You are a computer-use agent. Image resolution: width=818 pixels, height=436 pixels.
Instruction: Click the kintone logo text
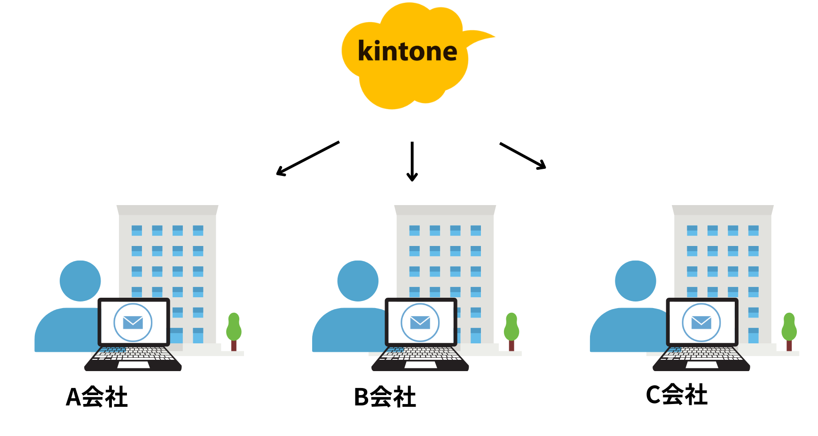(407, 51)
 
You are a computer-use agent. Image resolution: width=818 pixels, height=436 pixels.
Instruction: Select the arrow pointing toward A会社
(308, 159)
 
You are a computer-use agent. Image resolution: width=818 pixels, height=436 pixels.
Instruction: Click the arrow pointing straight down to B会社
(412, 161)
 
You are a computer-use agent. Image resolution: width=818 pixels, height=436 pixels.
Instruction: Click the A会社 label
(97, 397)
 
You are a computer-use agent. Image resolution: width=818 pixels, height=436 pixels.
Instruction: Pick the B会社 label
(385, 397)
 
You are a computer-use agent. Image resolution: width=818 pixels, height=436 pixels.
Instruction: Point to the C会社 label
(676, 395)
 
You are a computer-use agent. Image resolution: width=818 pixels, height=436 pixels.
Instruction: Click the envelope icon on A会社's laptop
(133, 322)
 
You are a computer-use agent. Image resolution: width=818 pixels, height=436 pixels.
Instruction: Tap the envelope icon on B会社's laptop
(420, 322)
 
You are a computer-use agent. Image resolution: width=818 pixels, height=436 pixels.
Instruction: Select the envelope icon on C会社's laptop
(701, 322)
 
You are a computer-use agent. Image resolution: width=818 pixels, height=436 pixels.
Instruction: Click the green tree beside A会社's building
(234, 327)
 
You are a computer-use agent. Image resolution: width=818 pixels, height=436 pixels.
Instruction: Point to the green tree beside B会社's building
(511, 327)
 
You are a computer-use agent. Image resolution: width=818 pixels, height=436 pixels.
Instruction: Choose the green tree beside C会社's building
(789, 327)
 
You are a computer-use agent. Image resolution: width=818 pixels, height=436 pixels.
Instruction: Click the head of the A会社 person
(80, 281)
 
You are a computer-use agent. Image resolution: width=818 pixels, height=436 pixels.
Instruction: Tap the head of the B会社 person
(358, 281)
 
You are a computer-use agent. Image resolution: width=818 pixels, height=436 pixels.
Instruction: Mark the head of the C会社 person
(636, 281)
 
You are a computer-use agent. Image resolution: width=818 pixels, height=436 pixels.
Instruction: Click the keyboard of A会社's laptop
(133, 354)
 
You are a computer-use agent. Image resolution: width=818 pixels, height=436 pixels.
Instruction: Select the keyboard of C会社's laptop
(701, 354)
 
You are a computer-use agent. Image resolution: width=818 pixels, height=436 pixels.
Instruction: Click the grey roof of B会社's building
(445, 210)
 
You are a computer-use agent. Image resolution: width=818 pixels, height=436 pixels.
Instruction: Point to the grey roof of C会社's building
(723, 210)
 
